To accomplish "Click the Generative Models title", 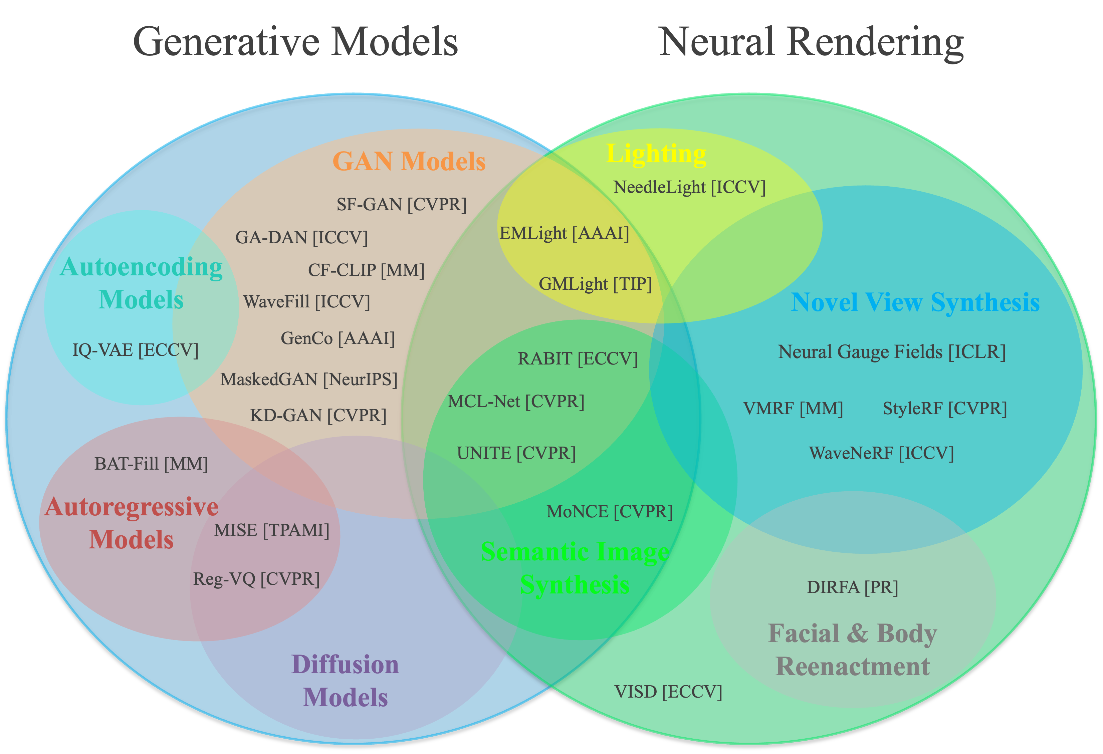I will click(295, 42).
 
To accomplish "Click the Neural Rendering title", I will click(811, 42).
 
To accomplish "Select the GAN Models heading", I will click(409, 161).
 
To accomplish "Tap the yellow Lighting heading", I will click(656, 154).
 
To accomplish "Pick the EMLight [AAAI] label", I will click(564, 233).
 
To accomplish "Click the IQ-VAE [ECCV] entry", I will click(135, 350).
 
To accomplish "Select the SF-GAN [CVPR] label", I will click(402, 205).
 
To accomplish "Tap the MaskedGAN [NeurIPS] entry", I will click(309, 380).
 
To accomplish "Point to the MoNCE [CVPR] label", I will click(609, 512).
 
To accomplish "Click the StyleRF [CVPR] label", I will click(944, 409).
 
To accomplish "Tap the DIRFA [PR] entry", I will click(852, 587).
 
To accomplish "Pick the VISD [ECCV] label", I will click(668, 692).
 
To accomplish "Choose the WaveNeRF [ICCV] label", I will click(881, 453).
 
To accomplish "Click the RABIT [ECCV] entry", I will click(578, 359).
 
